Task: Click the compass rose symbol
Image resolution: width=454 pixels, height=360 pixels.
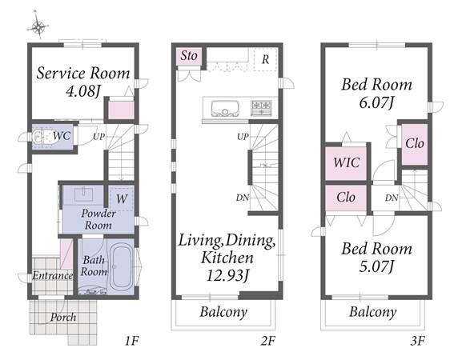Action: point(38,26)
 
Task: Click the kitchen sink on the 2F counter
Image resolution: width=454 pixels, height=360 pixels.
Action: point(225,108)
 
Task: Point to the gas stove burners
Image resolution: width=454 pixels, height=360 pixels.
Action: point(261,108)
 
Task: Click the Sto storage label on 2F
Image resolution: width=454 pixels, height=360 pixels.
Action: point(189,55)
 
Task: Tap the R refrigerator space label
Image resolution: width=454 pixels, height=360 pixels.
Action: point(265,60)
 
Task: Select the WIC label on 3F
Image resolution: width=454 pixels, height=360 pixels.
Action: point(346,162)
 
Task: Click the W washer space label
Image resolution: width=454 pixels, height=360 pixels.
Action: point(122,199)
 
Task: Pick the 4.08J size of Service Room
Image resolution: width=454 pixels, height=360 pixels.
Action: point(83,92)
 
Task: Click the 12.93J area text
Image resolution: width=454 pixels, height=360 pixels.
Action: point(227,275)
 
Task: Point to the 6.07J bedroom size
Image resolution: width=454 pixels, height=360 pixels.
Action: point(376,102)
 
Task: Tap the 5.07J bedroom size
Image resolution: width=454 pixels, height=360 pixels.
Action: point(376,266)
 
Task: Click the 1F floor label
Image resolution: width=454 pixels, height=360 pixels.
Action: point(132,341)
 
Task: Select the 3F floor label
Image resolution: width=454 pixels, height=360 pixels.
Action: point(417,341)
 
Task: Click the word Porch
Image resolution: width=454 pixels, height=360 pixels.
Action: point(63,318)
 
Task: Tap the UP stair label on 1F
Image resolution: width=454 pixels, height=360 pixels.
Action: point(98,137)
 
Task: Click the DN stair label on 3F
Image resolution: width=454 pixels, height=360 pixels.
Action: point(392,198)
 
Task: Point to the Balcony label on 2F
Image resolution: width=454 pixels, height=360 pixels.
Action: point(223,312)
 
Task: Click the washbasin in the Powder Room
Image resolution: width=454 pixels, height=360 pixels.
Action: point(84,194)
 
